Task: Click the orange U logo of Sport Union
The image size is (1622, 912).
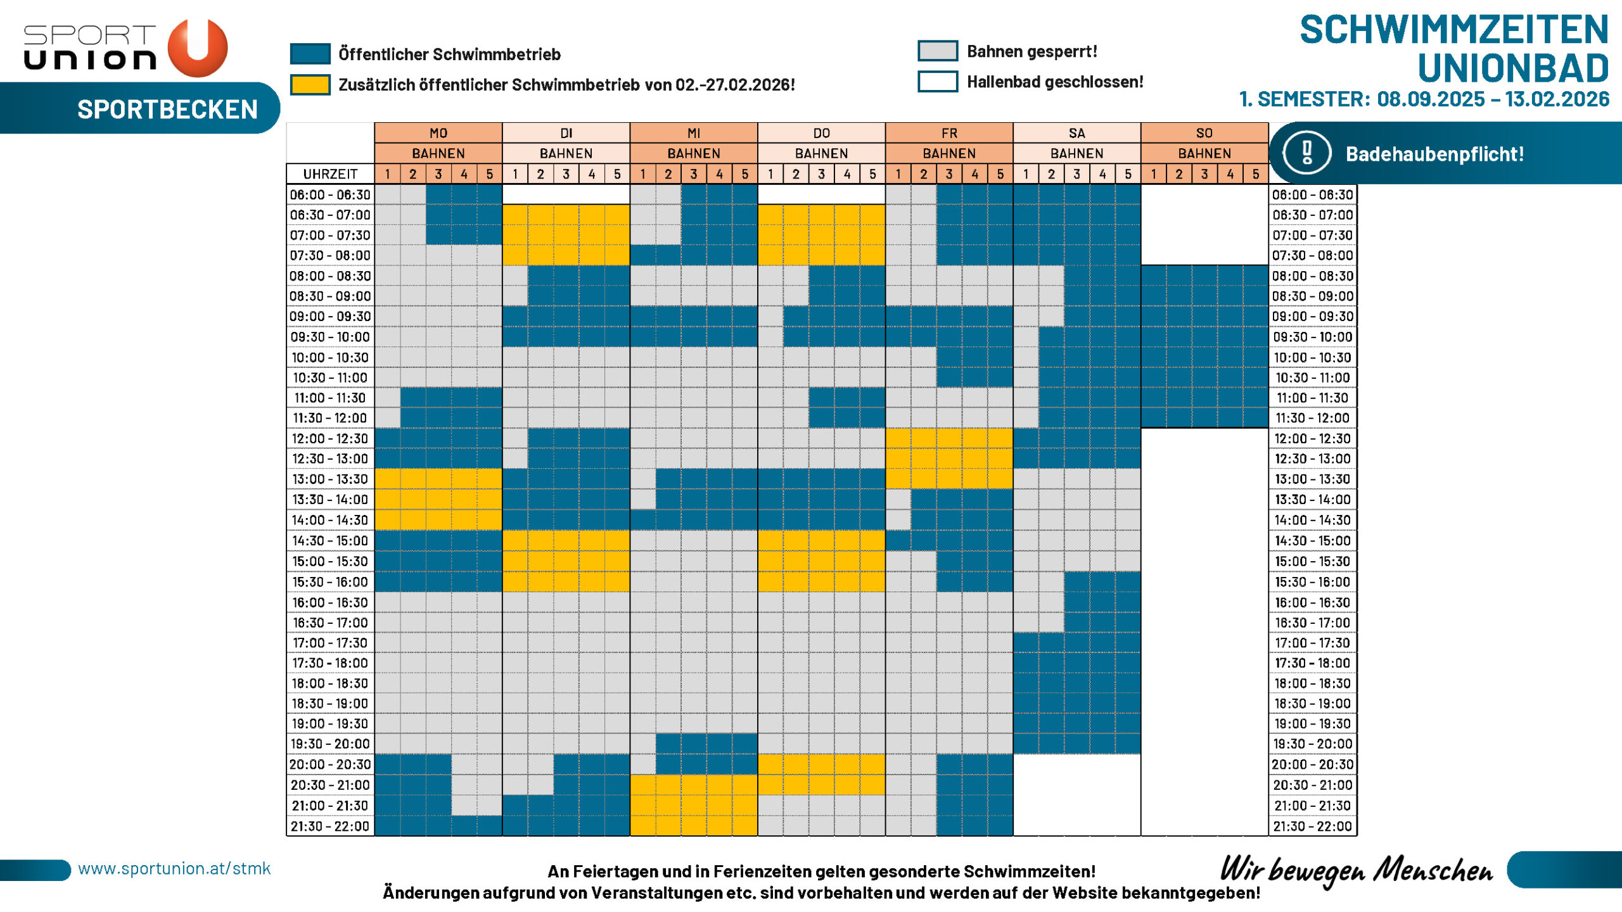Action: (x=198, y=47)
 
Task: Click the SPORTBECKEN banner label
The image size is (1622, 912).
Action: (x=167, y=110)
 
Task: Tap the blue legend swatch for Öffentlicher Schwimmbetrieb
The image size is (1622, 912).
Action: (x=310, y=54)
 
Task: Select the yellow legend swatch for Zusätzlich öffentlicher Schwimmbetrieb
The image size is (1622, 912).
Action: (x=310, y=84)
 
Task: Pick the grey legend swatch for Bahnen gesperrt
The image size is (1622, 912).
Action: (x=937, y=51)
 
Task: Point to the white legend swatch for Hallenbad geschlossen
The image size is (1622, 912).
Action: (x=937, y=82)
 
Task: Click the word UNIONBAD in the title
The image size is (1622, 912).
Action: (x=1512, y=68)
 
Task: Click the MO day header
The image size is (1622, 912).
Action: (x=438, y=133)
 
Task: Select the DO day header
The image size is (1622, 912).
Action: (x=821, y=133)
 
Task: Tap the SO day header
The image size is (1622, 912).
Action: (x=1204, y=133)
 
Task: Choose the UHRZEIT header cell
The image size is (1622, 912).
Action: (x=330, y=174)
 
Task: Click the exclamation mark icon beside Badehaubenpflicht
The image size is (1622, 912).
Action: (x=1306, y=153)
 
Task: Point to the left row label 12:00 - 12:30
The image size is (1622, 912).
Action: (x=330, y=438)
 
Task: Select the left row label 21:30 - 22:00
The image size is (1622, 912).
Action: (x=330, y=826)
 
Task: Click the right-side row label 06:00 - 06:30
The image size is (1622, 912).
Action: (x=1312, y=194)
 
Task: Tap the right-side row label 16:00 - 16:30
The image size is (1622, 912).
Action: (x=1312, y=602)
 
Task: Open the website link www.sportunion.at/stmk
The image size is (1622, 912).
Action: (x=174, y=868)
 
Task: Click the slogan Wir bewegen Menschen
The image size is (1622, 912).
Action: (x=1356, y=870)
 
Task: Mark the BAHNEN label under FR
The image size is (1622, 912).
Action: (x=948, y=153)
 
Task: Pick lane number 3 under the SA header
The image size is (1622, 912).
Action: (x=1076, y=174)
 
